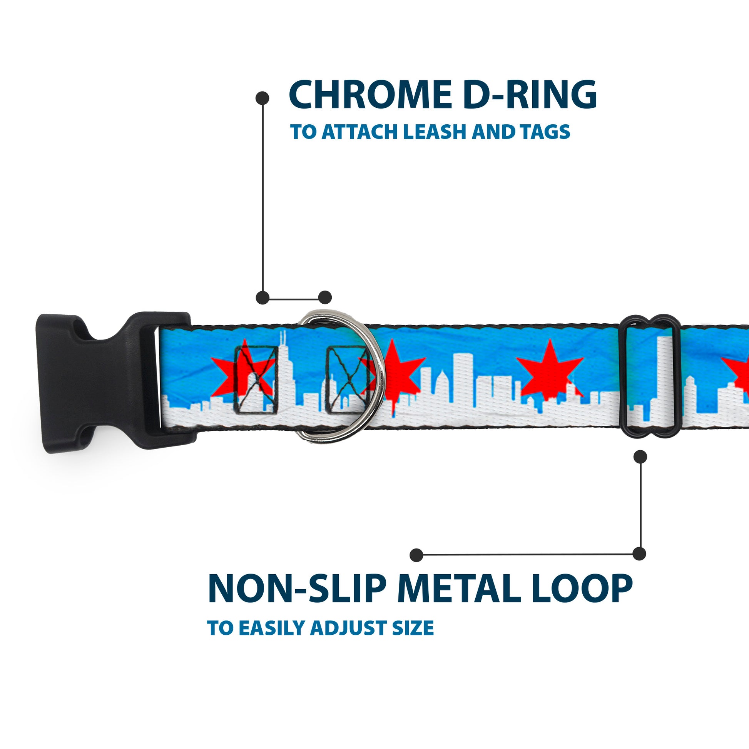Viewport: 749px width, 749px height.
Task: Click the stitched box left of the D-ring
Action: [256, 379]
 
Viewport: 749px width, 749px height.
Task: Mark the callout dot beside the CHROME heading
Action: [262, 98]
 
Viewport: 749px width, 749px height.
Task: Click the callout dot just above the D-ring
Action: [325, 298]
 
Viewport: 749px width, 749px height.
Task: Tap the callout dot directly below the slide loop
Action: [640, 457]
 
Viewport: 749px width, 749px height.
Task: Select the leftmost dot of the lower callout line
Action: [416, 555]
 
